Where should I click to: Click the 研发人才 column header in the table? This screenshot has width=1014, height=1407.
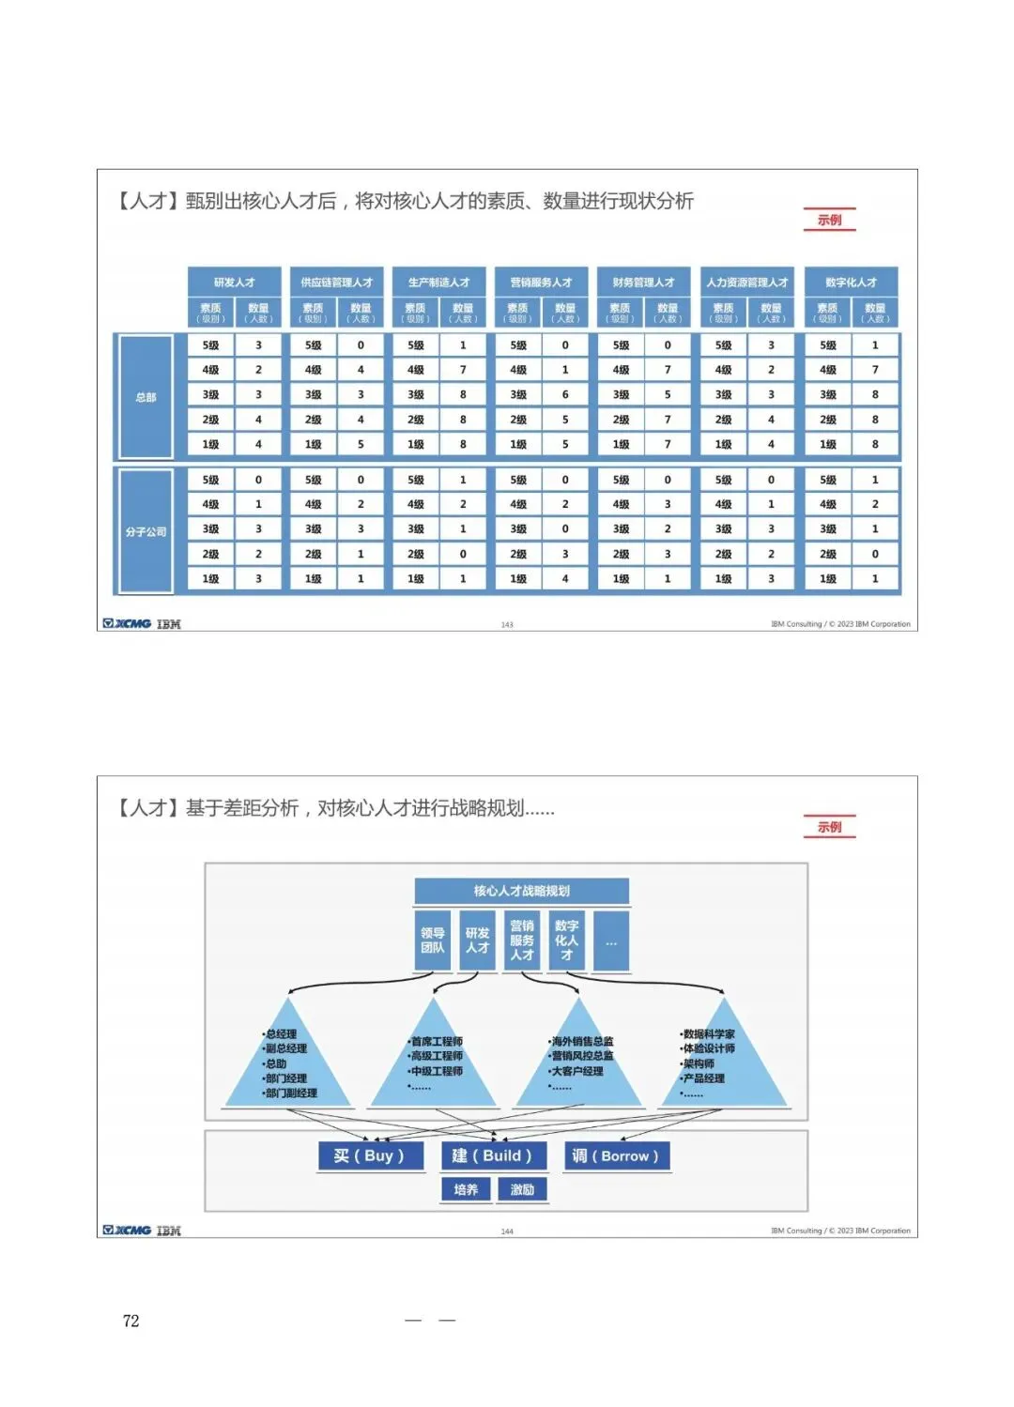[x=234, y=282]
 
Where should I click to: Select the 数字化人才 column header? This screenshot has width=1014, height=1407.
[x=851, y=282]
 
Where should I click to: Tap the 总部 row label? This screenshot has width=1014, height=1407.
[x=146, y=397]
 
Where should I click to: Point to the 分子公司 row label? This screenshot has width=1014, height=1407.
[x=146, y=531]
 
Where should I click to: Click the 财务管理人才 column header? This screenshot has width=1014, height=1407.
[x=643, y=282]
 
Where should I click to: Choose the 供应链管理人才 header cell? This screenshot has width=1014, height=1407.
[x=336, y=282]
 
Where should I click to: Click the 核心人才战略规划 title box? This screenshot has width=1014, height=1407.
[x=521, y=891]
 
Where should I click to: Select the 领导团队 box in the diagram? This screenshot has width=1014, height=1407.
[x=433, y=941]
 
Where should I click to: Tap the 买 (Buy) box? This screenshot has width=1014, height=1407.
[x=369, y=1155]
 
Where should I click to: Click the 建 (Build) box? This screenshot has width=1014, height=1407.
[x=492, y=1155]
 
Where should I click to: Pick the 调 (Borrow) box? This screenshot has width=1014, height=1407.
[x=616, y=1155]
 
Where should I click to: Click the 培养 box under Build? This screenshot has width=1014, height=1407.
[x=466, y=1189]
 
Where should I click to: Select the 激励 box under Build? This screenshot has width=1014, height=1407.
[x=522, y=1189]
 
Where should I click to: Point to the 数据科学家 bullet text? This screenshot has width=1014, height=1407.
[x=709, y=1033]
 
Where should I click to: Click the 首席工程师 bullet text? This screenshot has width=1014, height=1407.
[x=437, y=1041]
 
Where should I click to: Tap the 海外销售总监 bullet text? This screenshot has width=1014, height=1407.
[x=582, y=1041]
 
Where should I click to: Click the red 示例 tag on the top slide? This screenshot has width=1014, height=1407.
[x=829, y=220]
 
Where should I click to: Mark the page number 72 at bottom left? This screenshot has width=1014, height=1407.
[x=131, y=1321]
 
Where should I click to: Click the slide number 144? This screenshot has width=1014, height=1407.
[x=507, y=1231]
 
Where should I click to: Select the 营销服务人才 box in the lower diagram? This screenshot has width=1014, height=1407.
[x=522, y=941]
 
